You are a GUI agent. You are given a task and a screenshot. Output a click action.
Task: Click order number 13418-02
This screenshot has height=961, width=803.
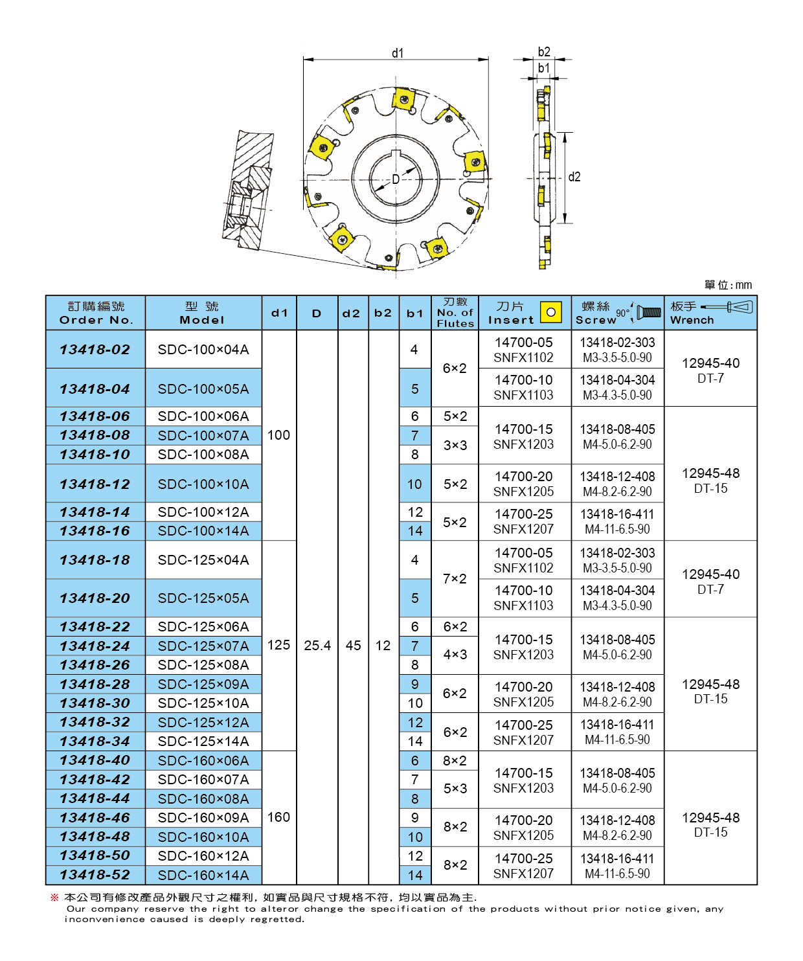tap(95, 349)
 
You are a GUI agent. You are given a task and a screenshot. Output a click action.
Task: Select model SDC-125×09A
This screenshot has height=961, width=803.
tap(203, 684)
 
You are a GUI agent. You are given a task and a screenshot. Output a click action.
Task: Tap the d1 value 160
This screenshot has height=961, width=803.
tap(278, 817)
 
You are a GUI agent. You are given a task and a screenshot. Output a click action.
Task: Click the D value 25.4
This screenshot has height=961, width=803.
tap(317, 645)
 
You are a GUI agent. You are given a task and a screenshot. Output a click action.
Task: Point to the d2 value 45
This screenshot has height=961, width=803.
tap(353, 645)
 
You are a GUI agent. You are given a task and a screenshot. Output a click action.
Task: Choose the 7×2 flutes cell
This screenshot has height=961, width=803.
tap(455, 578)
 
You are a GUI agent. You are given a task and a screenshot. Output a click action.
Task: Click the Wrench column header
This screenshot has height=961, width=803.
tap(710, 313)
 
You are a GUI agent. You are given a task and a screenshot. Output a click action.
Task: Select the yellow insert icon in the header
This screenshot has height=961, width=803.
tap(551, 312)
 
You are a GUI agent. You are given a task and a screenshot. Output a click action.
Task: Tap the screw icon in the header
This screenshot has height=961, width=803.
tap(649, 313)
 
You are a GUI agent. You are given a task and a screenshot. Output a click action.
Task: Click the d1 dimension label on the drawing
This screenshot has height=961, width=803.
tap(398, 53)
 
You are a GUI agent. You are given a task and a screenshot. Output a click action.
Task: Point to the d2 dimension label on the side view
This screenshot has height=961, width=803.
tap(574, 177)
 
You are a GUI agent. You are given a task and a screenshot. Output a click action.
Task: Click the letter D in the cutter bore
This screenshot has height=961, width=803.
tap(395, 179)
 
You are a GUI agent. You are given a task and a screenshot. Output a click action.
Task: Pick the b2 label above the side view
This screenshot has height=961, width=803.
tap(544, 52)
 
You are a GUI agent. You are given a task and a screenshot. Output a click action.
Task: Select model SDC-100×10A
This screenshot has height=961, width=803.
tap(203, 484)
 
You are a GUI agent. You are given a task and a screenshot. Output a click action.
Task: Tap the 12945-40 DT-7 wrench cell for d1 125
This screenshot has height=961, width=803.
tap(710, 582)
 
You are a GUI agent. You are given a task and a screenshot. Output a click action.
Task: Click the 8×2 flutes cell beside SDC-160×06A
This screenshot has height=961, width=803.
tap(455, 760)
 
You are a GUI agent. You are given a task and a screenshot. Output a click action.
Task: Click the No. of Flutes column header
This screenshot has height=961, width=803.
tap(455, 313)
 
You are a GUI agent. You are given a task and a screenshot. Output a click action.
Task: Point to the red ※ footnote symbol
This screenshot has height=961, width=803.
tap(55, 897)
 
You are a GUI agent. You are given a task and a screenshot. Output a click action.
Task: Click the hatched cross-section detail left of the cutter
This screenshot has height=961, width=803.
tap(247, 190)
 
